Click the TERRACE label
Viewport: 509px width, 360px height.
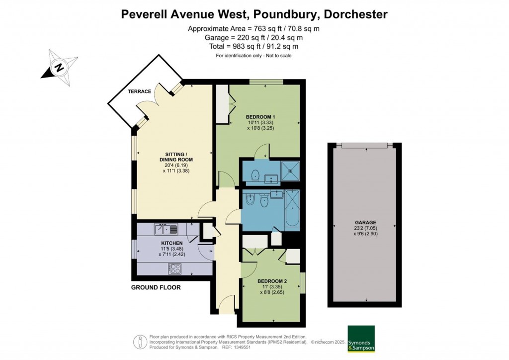tap(139, 91)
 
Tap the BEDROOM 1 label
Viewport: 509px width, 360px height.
tap(260, 117)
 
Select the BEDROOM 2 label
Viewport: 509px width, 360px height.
tap(272, 281)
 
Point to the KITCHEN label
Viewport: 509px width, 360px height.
tap(171, 243)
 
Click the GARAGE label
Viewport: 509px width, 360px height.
tap(365, 223)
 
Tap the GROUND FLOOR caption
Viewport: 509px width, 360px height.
tap(156, 287)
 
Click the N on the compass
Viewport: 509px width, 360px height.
tap(59, 68)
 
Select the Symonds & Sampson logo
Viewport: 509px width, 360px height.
tap(361, 339)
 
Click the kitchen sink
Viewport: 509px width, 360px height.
tap(166, 229)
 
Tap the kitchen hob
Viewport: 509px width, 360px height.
tap(174, 269)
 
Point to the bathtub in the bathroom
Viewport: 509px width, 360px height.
tap(292, 208)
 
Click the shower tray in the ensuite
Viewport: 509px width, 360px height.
tap(290, 169)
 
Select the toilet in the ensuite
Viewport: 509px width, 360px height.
tap(255, 175)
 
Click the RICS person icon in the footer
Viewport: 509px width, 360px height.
tap(140, 342)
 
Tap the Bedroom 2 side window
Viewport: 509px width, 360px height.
tap(303, 283)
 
